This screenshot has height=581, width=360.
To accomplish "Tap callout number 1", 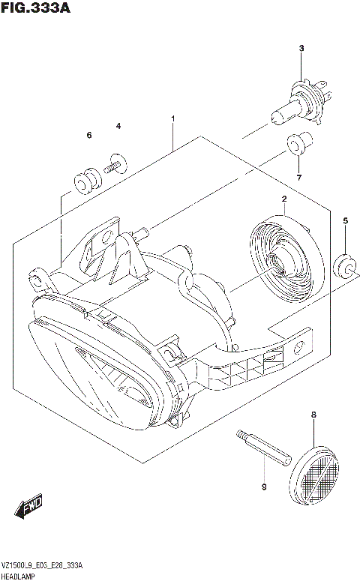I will pyautogui.click(x=172, y=118).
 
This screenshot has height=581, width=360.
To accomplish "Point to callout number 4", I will pyautogui.click(x=118, y=126).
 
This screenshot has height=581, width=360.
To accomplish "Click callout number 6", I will pyautogui.click(x=88, y=135).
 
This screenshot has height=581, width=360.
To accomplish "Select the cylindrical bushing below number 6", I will pyautogui.click(x=85, y=181).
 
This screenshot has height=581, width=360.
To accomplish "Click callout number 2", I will pyautogui.click(x=284, y=199).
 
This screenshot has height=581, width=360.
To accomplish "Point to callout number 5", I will pyautogui.click(x=345, y=220).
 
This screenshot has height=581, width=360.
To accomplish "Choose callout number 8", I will pyautogui.click(x=313, y=415).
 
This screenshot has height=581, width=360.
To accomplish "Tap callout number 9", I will pyautogui.click(x=264, y=488).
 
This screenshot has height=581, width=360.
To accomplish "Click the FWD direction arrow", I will pyautogui.click(x=30, y=508).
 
